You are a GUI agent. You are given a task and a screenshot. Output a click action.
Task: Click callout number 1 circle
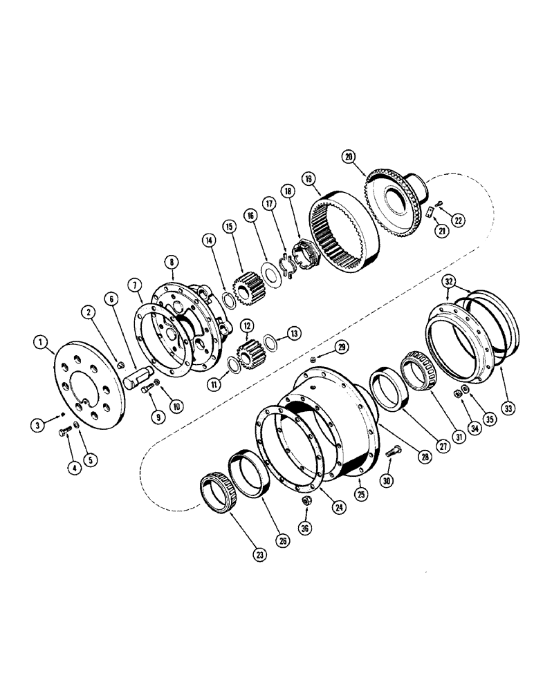[40, 341]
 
